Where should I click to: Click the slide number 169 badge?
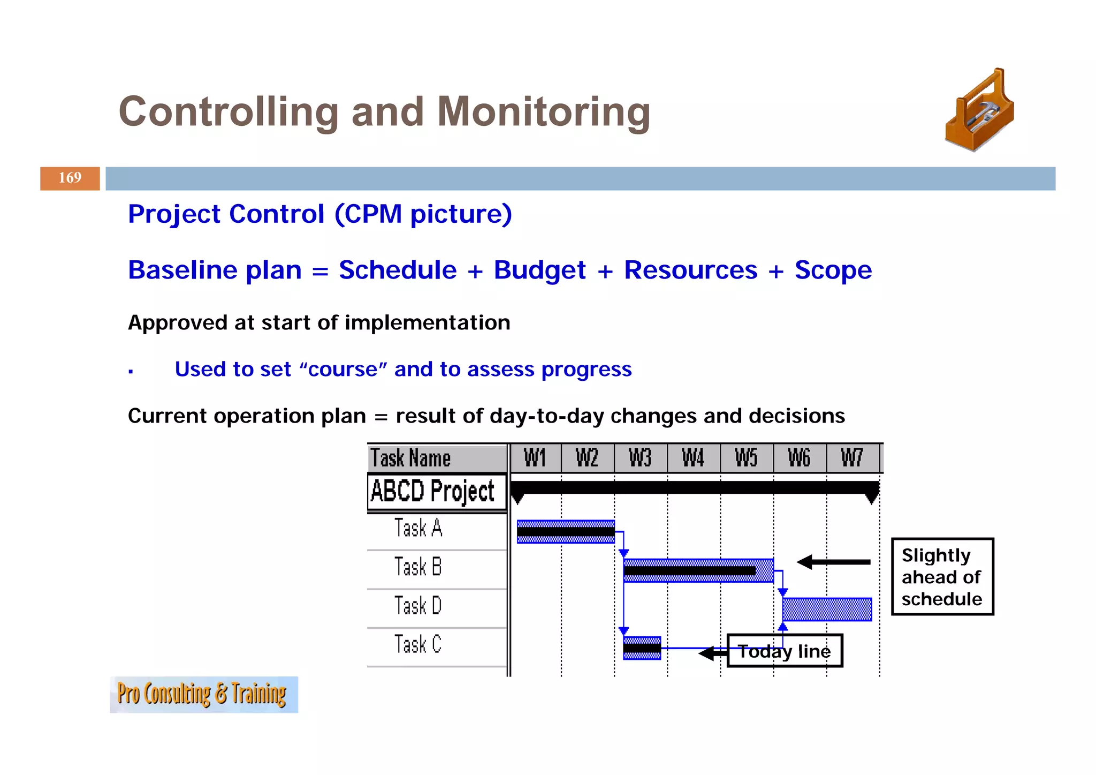[70, 178]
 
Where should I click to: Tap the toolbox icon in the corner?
[979, 110]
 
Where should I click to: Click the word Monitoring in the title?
[543, 112]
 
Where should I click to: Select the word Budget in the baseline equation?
[539, 270]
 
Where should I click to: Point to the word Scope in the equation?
[833, 270]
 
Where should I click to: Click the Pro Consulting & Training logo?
[203, 694]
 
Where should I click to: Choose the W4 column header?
[693, 458]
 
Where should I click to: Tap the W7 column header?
[852, 458]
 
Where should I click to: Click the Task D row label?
[418, 606]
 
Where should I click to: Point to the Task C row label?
[418, 644]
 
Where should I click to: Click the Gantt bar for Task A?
[565, 532]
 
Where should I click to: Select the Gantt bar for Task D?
[827, 610]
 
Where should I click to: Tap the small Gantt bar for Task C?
[642, 648]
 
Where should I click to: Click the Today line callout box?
[785, 651]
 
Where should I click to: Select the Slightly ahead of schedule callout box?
[942, 577]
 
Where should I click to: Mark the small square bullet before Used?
[131, 371]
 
